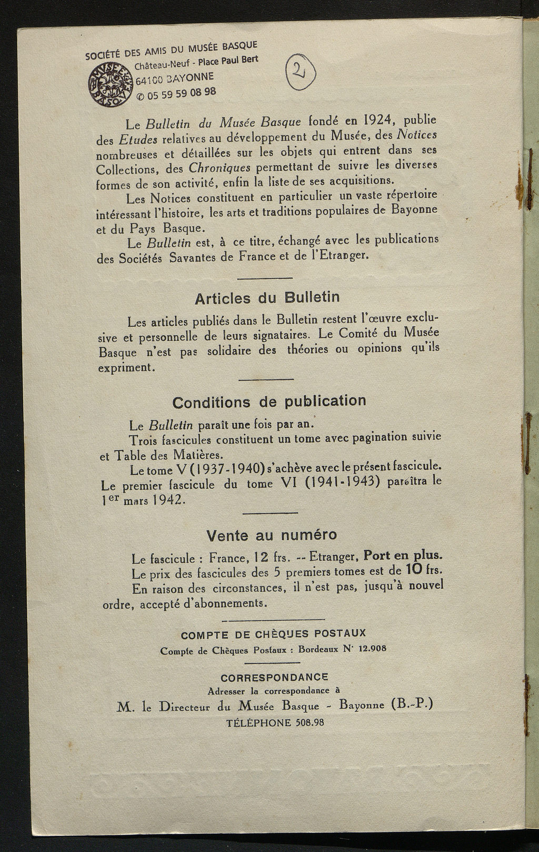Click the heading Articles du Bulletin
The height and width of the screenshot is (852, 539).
point(267,297)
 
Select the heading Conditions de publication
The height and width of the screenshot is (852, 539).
point(269,402)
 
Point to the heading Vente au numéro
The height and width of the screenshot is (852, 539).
point(271,535)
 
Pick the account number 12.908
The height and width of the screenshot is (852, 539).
point(372,648)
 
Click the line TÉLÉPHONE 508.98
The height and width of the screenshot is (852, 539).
point(275,723)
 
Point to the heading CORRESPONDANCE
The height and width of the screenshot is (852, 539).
point(274,677)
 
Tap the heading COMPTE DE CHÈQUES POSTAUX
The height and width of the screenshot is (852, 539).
point(273,634)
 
